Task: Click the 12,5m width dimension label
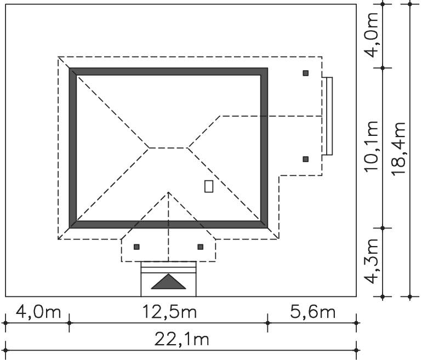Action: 169,312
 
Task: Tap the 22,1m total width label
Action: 181,339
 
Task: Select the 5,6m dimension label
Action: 313,312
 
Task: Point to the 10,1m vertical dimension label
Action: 372,146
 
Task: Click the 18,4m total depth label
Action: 398,149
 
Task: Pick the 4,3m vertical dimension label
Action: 372,261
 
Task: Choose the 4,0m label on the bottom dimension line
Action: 38,312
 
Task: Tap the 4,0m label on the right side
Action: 372,35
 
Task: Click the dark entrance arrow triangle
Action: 168,282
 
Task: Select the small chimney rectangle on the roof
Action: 209,186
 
